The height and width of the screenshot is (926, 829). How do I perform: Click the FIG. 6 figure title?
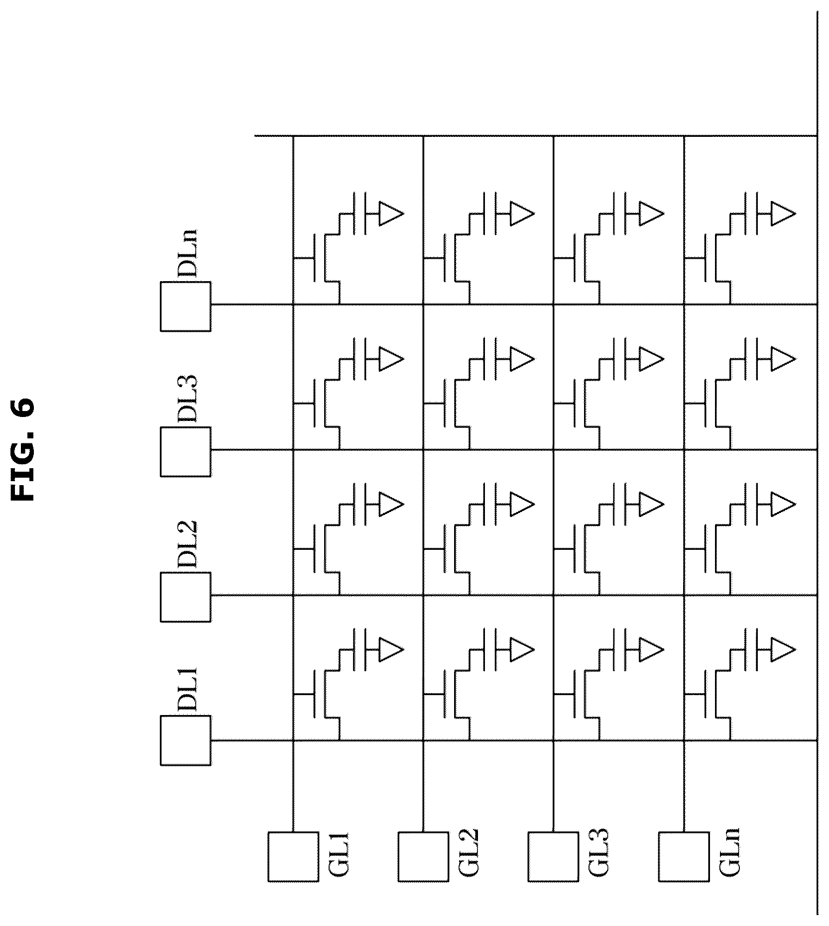coord(23,449)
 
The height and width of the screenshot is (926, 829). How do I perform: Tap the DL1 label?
coord(188,690)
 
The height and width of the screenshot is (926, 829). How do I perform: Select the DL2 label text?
coord(188,544)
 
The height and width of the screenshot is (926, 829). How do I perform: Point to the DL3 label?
coord(188,399)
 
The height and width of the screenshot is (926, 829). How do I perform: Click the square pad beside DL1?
coord(185,740)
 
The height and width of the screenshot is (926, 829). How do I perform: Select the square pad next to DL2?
coord(185,597)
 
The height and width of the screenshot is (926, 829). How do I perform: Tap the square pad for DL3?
coord(185,451)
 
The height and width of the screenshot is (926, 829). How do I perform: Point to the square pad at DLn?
coord(185,306)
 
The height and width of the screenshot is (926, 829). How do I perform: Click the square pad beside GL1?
coord(293,857)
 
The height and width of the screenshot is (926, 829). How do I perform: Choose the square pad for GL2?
coord(423,857)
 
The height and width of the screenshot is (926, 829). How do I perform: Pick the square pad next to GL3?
coord(553,857)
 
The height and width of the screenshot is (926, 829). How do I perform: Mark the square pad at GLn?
coord(684,857)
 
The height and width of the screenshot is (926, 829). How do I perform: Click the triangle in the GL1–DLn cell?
coord(391,213)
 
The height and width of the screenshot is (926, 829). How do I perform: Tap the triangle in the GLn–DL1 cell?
coord(783,649)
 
